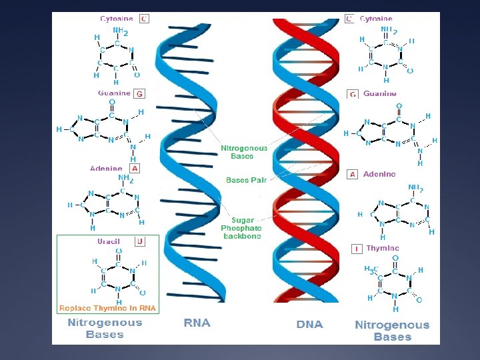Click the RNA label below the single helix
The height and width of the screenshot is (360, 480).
point(197,323)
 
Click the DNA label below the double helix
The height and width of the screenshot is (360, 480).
point(309,325)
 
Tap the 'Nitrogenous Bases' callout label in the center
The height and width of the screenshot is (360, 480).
point(244,152)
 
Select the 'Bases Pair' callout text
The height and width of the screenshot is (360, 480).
point(246,180)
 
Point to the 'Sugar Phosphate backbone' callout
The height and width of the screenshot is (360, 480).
point(241,228)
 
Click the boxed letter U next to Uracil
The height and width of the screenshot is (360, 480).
point(139,241)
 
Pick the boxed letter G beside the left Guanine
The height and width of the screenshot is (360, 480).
point(139,94)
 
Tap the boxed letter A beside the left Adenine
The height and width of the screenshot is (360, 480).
point(135,169)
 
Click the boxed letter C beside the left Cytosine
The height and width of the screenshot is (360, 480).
point(144,19)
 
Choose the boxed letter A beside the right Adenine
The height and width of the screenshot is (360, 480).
point(353,174)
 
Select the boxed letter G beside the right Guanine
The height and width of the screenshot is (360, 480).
point(353,95)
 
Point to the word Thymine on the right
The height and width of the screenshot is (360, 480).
point(382,248)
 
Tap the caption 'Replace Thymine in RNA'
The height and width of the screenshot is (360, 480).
point(107,308)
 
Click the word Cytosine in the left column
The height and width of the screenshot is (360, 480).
point(117,19)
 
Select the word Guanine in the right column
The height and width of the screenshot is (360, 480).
point(380,94)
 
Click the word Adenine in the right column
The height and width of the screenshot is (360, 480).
point(379,174)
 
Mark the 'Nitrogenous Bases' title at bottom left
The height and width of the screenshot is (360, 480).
point(105,328)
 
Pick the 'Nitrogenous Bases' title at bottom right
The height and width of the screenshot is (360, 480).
point(392,331)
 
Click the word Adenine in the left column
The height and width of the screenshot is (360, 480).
point(107,169)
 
